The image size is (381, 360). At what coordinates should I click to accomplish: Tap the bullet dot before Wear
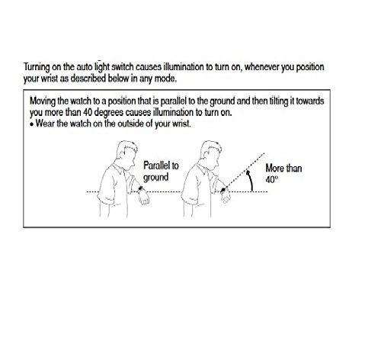click(32, 124)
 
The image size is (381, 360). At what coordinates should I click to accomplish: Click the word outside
click(131, 124)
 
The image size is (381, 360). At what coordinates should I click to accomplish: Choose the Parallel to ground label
click(161, 172)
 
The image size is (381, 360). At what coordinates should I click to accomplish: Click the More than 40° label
click(283, 174)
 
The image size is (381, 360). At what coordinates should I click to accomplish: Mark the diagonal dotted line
click(245, 172)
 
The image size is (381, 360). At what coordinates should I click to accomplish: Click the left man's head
click(126, 153)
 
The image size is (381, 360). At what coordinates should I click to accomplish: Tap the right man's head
click(210, 153)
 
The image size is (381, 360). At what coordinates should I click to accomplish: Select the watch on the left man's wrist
click(140, 189)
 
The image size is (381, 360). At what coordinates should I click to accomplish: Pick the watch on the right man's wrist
click(223, 189)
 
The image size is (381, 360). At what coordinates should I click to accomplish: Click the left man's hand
click(144, 198)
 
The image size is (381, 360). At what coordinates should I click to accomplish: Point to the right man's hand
click(226, 197)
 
